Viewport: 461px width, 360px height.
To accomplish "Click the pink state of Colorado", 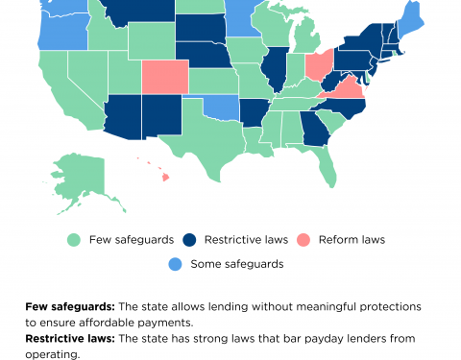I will (165, 76).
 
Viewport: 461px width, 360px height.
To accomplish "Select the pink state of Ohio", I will (318, 66).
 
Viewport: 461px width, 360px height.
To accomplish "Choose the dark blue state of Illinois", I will (275, 73).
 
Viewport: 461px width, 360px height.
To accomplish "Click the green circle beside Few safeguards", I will (73, 239).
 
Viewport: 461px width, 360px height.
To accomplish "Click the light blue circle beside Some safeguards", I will (175, 263).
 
